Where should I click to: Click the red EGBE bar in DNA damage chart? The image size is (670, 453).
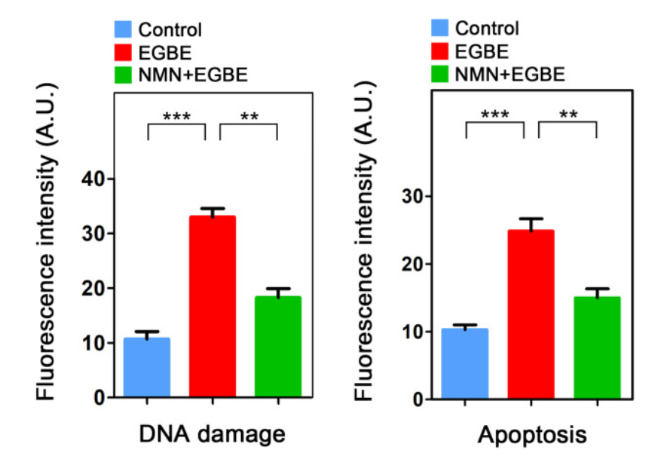[x=213, y=306]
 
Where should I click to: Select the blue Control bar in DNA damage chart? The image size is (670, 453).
[x=147, y=367]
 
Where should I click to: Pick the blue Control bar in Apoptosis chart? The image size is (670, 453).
[x=465, y=363]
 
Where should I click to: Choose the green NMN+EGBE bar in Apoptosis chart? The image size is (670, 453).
[x=597, y=347]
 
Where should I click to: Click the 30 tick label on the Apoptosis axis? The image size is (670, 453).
[x=413, y=196]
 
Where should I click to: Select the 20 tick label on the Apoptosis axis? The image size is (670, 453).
[x=413, y=264]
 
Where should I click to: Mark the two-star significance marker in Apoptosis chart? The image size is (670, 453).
[x=568, y=115]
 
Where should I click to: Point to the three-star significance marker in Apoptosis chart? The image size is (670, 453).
[x=495, y=115]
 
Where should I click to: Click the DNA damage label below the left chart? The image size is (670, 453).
[x=212, y=434]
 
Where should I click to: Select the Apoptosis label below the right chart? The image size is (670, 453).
[x=532, y=435]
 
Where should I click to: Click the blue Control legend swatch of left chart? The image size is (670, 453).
[x=122, y=30]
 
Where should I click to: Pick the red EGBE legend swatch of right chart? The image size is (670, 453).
[x=441, y=51]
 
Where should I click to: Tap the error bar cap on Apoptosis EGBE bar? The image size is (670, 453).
[x=531, y=219]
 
